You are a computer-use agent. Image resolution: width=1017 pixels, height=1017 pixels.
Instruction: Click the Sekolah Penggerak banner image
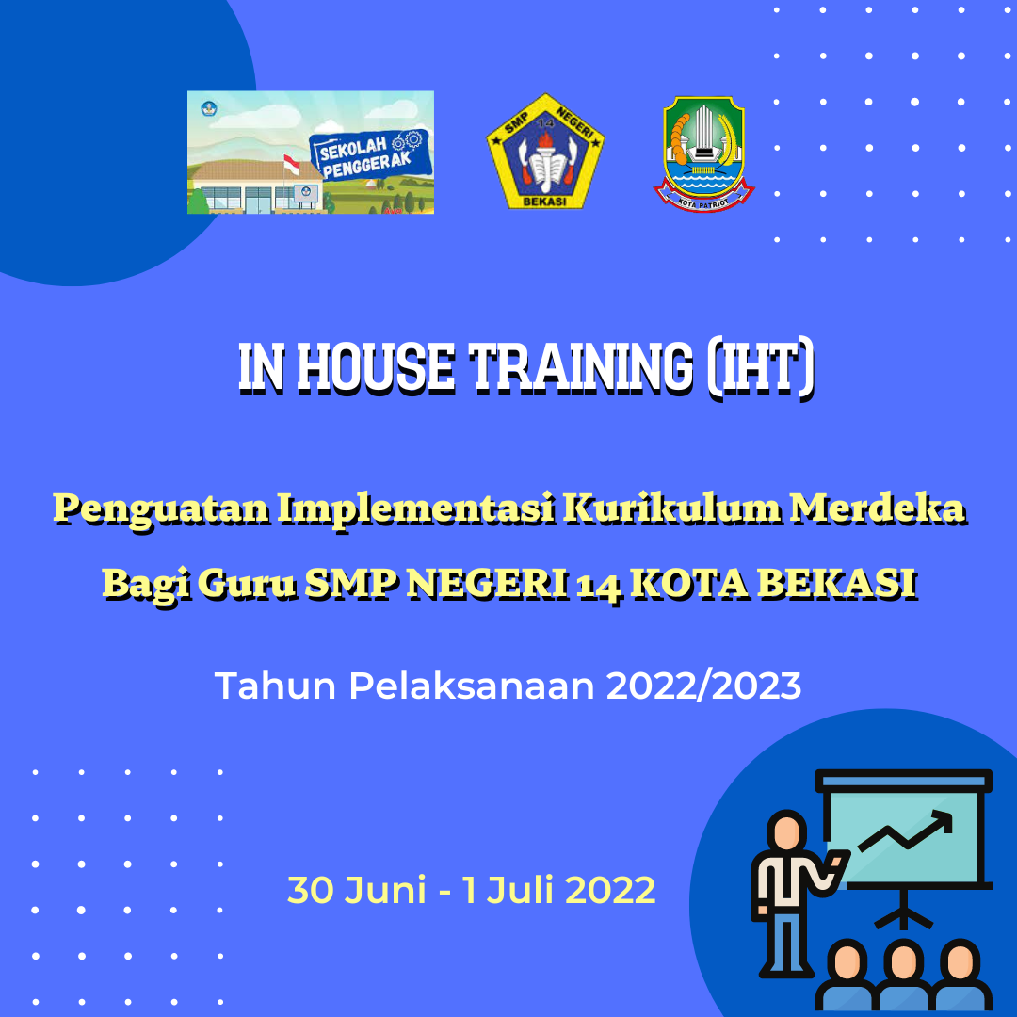pyautogui.click(x=311, y=153)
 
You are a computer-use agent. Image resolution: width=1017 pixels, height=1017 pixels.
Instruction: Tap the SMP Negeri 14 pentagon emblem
pyautogui.click(x=545, y=151)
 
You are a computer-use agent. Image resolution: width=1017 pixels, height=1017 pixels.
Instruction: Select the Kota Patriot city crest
pyautogui.click(x=703, y=153)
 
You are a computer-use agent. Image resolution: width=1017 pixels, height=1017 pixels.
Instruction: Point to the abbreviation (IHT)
pyautogui.click(x=760, y=368)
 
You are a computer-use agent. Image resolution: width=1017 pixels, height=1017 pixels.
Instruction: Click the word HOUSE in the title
pyautogui.click(x=376, y=368)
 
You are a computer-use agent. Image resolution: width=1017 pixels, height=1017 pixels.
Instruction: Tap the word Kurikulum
pyautogui.click(x=671, y=508)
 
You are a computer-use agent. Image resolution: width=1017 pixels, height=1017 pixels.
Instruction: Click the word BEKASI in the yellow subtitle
pyautogui.click(x=837, y=583)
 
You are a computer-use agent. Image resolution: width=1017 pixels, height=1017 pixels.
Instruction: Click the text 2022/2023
pyautogui.click(x=703, y=686)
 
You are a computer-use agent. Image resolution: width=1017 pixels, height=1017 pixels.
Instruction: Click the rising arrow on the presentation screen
pyautogui.click(x=906, y=831)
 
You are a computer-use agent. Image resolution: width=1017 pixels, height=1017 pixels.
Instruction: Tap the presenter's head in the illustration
pyautogui.click(x=786, y=830)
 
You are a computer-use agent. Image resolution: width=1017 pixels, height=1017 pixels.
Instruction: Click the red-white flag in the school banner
pyautogui.click(x=291, y=165)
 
